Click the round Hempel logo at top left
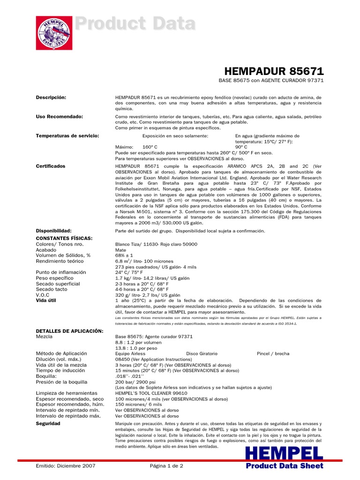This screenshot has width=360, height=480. coord(54,33)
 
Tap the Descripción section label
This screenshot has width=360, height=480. coord(51,97)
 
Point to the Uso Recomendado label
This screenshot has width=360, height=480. coord(59,116)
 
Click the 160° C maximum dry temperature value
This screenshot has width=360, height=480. coord(150,147)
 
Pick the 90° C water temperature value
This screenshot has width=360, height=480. coord(241,147)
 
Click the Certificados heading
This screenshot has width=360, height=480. coord(51,166)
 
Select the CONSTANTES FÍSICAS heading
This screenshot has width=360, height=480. coord(64,238)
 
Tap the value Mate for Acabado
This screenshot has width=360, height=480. coord(120,250)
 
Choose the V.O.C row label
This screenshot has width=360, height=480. coord(45,295)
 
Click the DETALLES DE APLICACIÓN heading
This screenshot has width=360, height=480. coord(69,331)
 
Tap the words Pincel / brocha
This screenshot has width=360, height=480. coord(273,353)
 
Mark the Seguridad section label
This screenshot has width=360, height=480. coord(48,423)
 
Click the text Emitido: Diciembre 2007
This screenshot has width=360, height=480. coord(66,466)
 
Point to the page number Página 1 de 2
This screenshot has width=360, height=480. coord(166,466)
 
